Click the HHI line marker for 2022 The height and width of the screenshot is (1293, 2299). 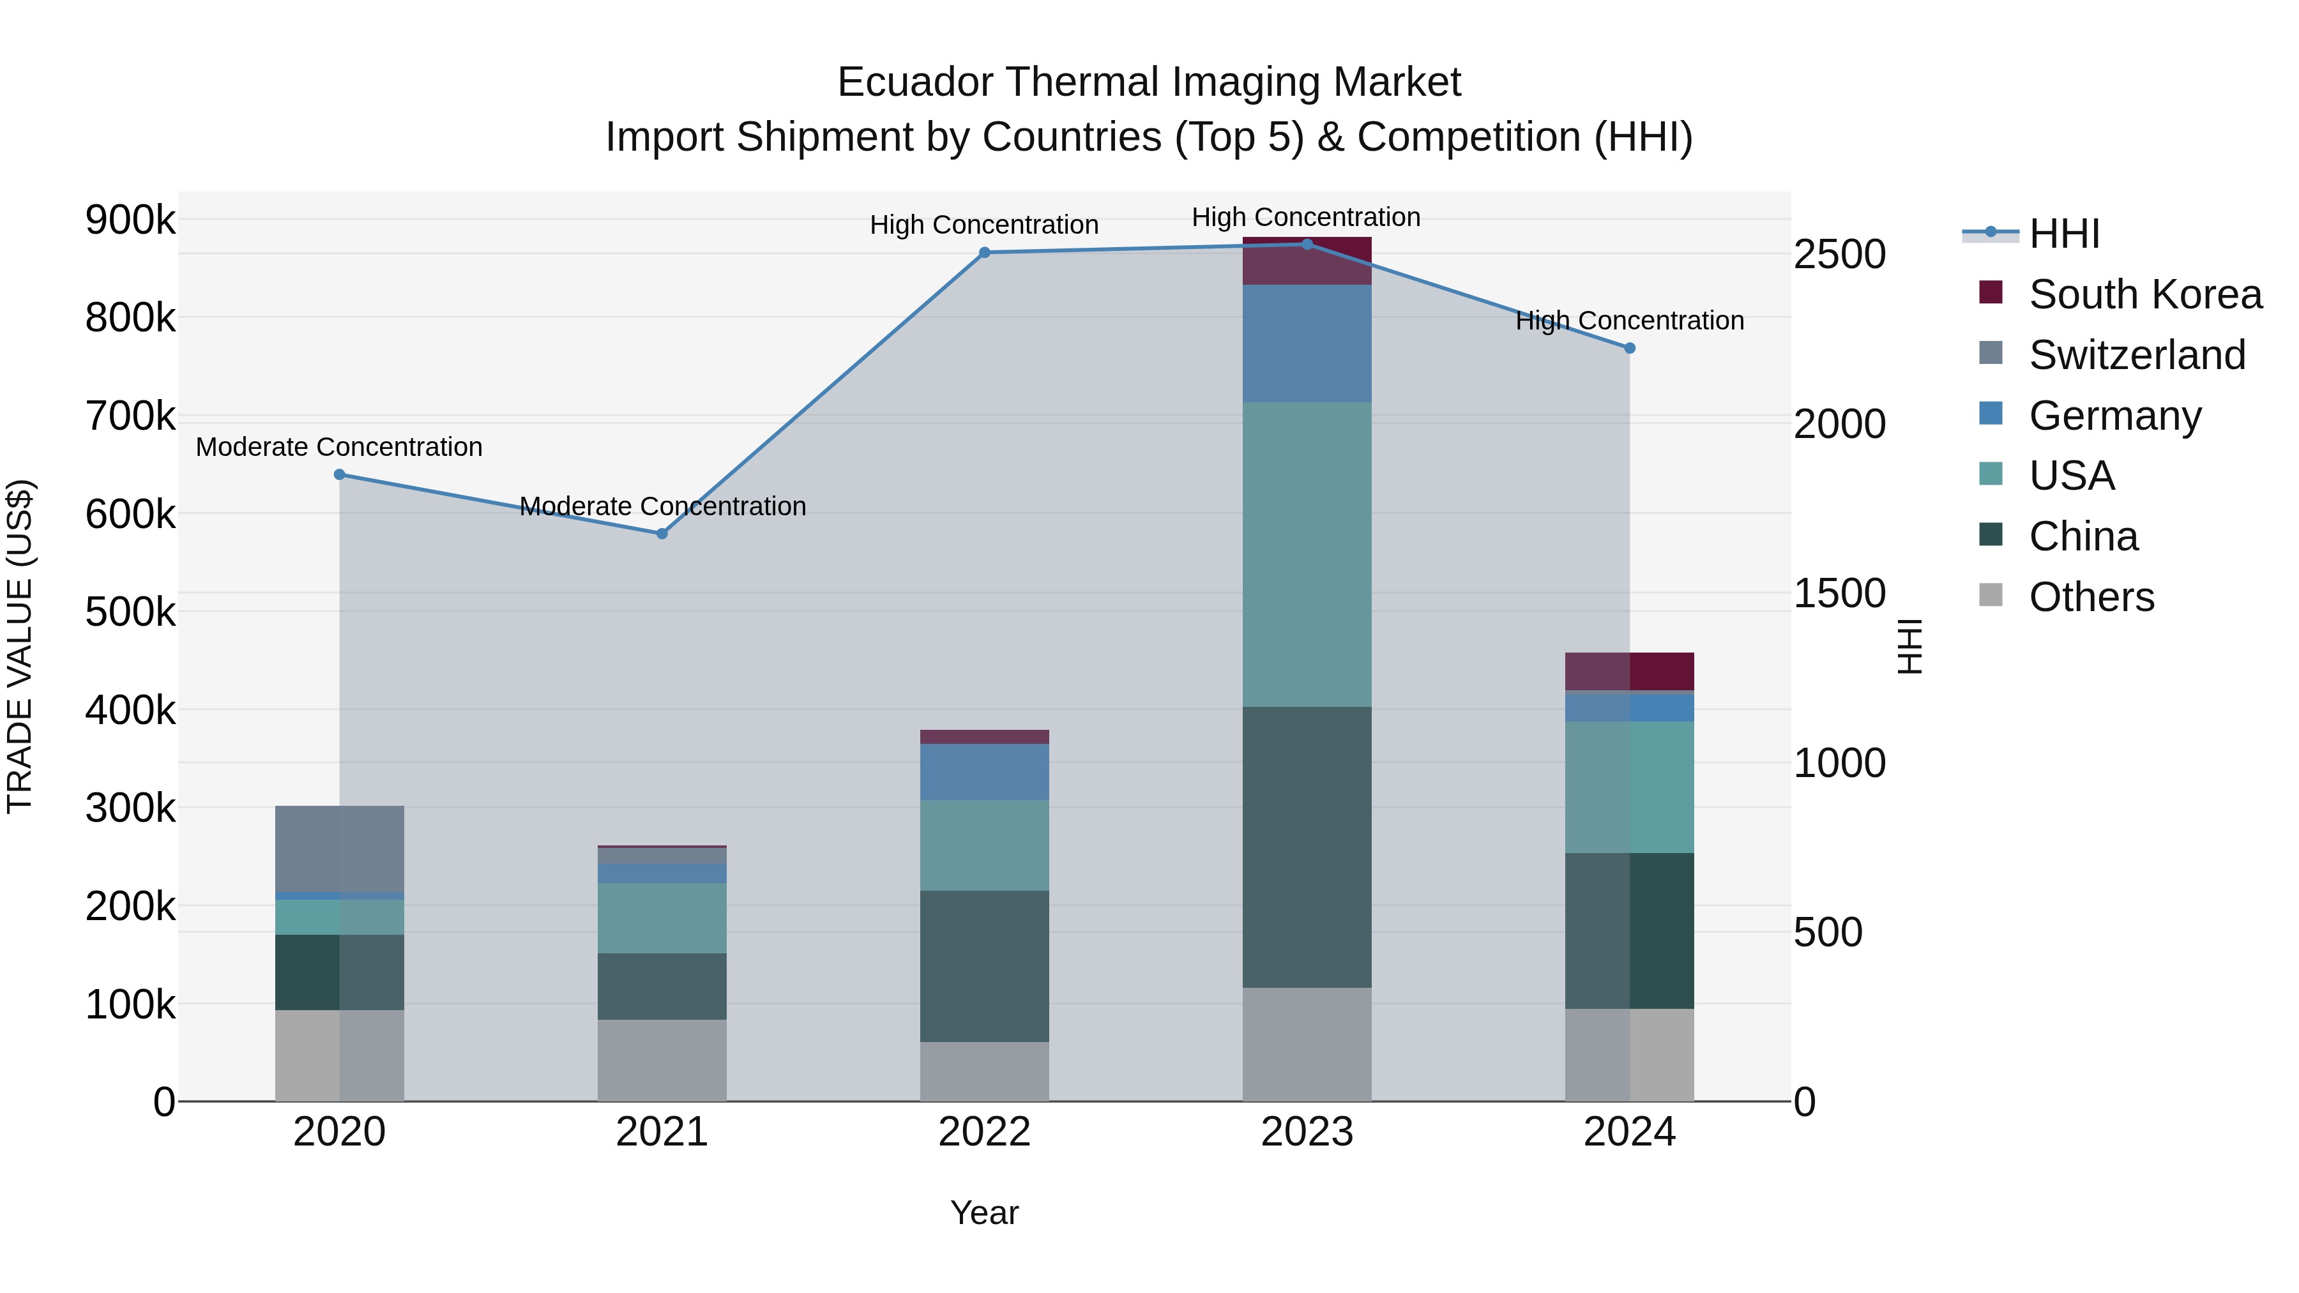coord(984,252)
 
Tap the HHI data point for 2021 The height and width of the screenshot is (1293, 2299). coord(662,534)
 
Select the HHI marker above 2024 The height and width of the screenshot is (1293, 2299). coord(1630,348)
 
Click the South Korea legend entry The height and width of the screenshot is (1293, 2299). coord(2144,294)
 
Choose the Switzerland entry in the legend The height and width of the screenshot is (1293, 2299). coord(2137,355)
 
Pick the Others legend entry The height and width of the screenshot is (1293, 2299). coord(2091,597)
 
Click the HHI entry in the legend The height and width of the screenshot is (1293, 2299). coord(2063,234)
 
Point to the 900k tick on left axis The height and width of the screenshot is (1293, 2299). coord(130,220)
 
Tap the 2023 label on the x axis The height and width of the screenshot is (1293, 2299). coord(1307,1132)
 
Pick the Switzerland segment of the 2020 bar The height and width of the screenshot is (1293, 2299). coord(339,848)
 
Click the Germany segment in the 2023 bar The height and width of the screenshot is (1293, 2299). coord(1307,344)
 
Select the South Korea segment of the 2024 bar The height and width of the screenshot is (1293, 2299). coord(1630,671)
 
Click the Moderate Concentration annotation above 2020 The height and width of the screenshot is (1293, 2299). coord(339,447)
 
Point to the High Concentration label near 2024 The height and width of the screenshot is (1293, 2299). coord(1630,321)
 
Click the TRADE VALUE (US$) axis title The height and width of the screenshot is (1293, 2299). coord(20,646)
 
